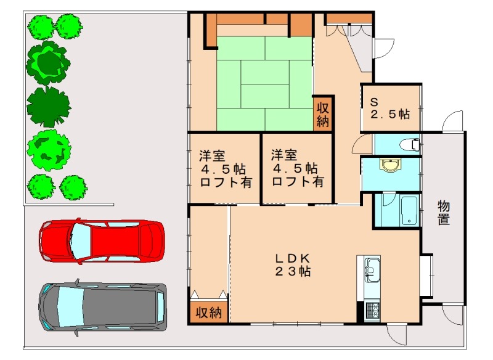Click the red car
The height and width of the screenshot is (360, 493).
[102, 241]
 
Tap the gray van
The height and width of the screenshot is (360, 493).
[102, 307]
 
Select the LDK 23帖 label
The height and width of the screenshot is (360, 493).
[293, 264]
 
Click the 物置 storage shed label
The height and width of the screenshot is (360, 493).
[444, 213]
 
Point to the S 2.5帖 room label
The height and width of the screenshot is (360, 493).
[390, 108]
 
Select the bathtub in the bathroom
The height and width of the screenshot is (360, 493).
[409, 210]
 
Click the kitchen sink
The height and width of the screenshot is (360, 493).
[372, 270]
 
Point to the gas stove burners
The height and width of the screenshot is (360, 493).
[372, 311]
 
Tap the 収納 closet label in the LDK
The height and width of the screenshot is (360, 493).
[209, 313]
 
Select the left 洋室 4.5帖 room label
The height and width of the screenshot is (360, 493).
[225, 169]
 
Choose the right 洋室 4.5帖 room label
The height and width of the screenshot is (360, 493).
[297, 168]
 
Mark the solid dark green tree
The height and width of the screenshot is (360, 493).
[49, 107]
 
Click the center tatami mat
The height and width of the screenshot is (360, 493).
[265, 84]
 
